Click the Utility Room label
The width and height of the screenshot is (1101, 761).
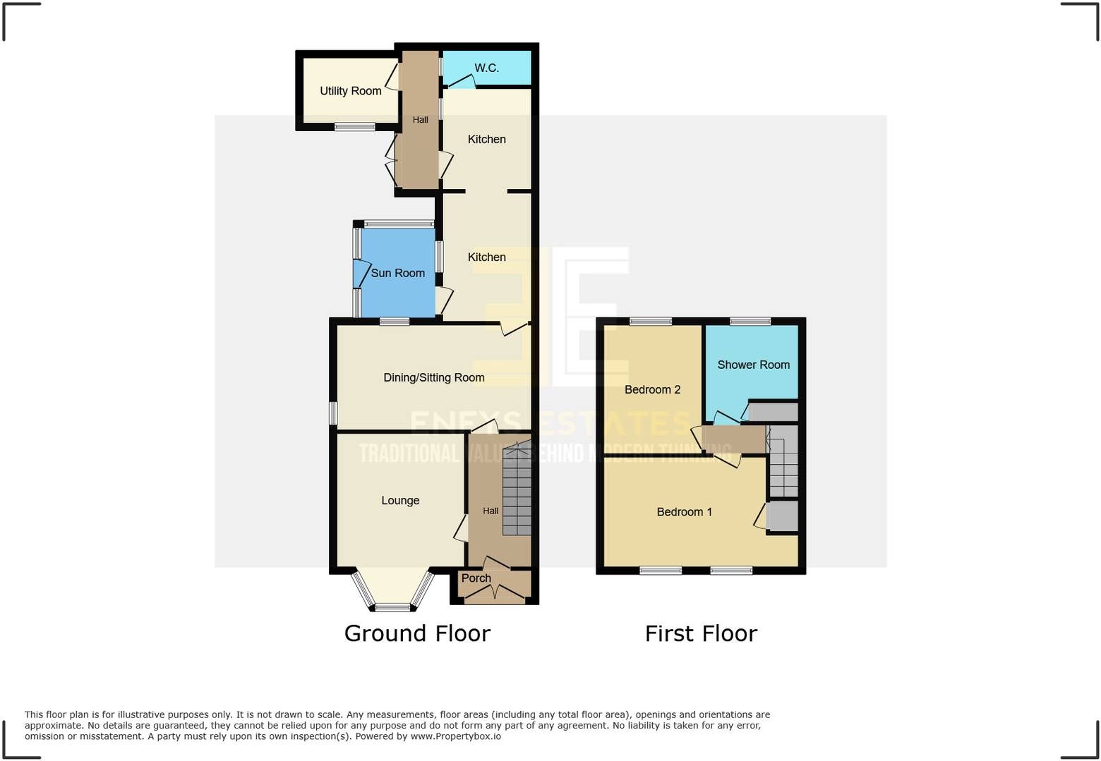click(x=350, y=91)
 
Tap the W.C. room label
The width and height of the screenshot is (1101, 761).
click(x=486, y=68)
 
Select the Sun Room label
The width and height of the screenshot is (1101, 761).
click(x=398, y=273)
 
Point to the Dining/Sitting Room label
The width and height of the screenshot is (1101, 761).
click(x=433, y=377)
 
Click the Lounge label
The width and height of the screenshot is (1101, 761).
click(x=400, y=500)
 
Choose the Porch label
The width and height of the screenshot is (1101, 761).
click(x=476, y=578)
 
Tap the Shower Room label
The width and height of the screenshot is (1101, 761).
click(x=753, y=365)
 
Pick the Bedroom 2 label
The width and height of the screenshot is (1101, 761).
click(x=652, y=389)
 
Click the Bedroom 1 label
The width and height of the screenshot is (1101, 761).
click(x=684, y=512)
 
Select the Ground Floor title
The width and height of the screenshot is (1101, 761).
click(x=417, y=633)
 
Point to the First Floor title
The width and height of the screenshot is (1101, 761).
click(x=701, y=633)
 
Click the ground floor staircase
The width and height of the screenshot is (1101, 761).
click(x=517, y=490)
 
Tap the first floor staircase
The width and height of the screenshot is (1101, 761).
click(x=783, y=462)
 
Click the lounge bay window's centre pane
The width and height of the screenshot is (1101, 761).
click(x=392, y=607)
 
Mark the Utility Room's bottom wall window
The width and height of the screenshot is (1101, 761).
click(x=354, y=127)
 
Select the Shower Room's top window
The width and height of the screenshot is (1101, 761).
click(x=750, y=322)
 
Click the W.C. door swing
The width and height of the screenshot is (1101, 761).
click(x=462, y=82)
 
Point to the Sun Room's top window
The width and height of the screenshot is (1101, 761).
click(x=399, y=224)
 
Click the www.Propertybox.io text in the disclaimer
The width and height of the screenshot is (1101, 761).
click(x=456, y=736)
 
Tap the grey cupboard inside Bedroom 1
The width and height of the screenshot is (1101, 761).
click(x=782, y=516)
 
